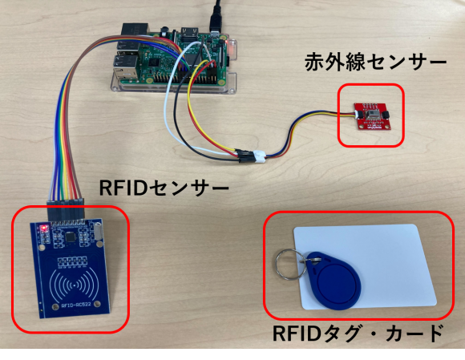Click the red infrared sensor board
[x=373, y=116]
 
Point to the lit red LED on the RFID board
[x=44, y=228]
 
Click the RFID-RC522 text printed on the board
[x=76, y=305]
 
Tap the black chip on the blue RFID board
[x=71, y=237]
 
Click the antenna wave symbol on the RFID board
[x=74, y=285]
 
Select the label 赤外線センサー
[x=376, y=62]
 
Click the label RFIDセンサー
[x=164, y=188]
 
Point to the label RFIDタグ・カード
[x=358, y=334]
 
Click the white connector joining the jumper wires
[x=259, y=157]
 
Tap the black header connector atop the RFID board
[x=66, y=209]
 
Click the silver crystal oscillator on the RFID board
[x=99, y=230]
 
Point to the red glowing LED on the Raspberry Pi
[x=227, y=43]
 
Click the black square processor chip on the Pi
[x=154, y=63]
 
